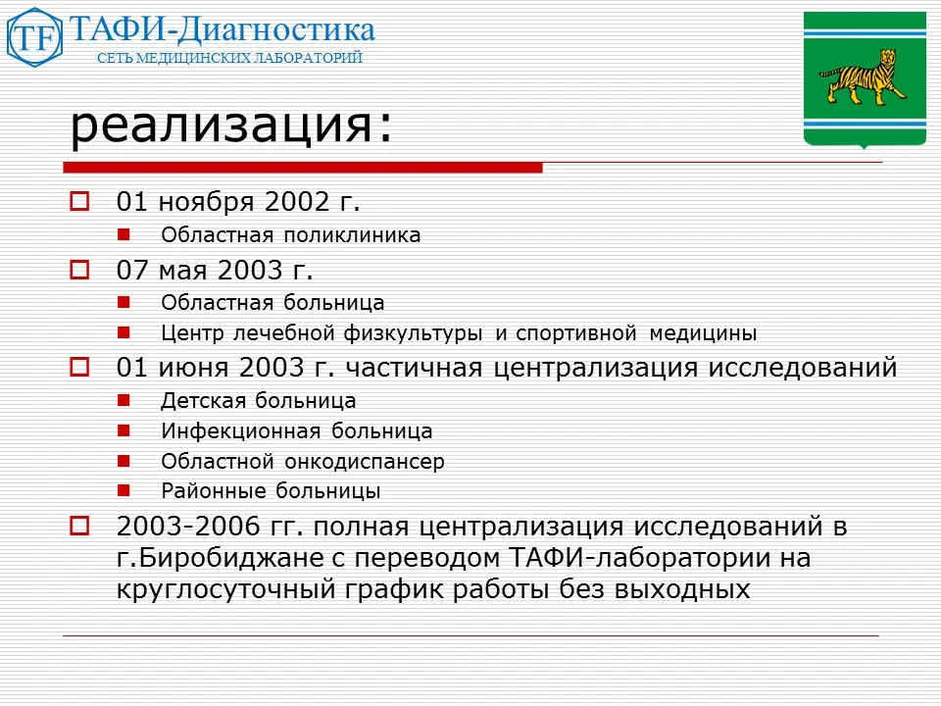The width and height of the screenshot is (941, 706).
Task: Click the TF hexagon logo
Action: pyautogui.click(x=34, y=36)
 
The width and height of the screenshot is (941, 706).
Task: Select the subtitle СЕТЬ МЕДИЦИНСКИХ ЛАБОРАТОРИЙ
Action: pyautogui.click(x=229, y=59)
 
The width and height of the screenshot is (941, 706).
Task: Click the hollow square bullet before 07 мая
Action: pyautogui.click(x=80, y=267)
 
